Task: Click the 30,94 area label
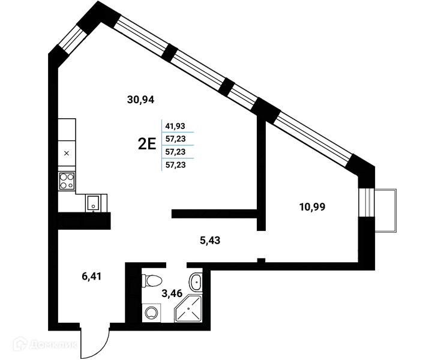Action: click(x=140, y=100)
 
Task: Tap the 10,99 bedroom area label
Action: click(x=313, y=207)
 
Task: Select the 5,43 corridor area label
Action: click(x=210, y=241)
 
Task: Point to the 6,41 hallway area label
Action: click(x=91, y=276)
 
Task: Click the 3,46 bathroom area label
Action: click(x=172, y=293)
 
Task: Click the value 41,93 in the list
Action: click(x=175, y=126)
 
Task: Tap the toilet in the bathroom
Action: click(x=151, y=281)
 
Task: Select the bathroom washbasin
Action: click(x=196, y=281)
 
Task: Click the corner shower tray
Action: click(x=189, y=308)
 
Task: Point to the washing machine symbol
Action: click(x=151, y=313)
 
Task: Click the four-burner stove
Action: click(x=67, y=181)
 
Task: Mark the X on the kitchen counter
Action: click(x=67, y=153)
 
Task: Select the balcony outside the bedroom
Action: click(x=386, y=211)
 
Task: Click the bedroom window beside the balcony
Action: click(x=367, y=202)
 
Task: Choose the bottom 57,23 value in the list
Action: click(x=175, y=165)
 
